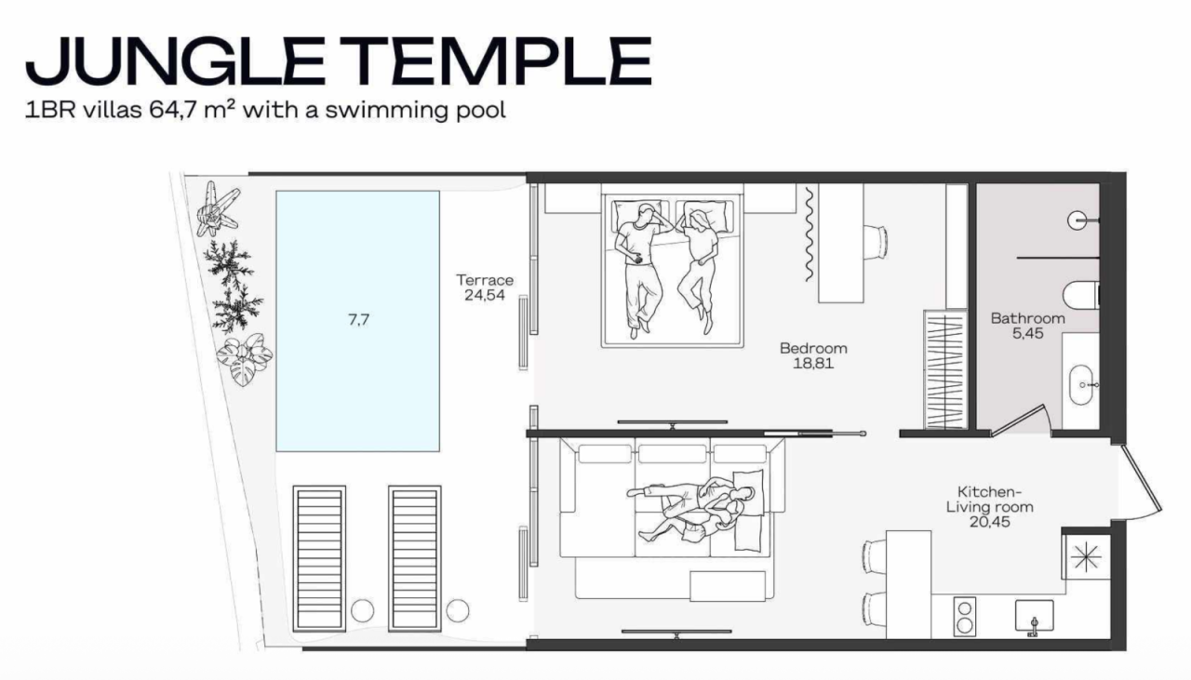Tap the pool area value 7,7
(357, 319)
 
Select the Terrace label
(484, 280)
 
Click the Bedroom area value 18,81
(813, 364)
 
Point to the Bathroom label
(1027, 318)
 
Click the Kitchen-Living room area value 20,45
(989, 523)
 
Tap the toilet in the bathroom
(1081, 294)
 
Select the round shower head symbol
(1078, 221)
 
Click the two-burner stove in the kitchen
(965, 618)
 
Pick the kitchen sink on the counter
(1033, 615)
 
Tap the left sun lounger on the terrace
(319, 558)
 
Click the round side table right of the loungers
(457, 610)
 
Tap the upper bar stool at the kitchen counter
(874, 556)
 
